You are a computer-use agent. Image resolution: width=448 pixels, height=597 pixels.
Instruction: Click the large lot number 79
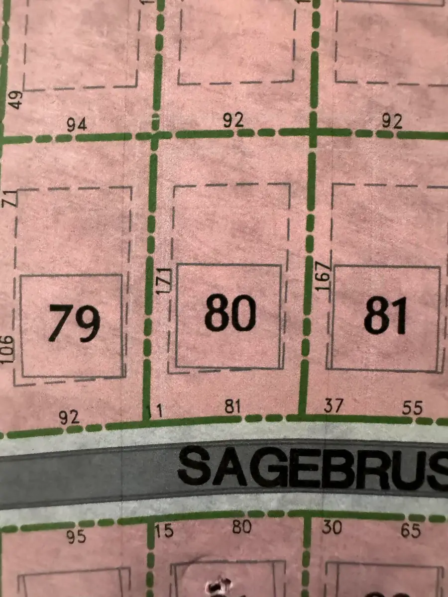74,323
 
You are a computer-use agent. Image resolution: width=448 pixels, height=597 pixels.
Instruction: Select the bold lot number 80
230,314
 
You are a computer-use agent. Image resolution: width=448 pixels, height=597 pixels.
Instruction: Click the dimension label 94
77,125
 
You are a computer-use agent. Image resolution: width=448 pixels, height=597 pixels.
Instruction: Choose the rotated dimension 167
324,276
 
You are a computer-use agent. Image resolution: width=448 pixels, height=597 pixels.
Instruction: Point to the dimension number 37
333,406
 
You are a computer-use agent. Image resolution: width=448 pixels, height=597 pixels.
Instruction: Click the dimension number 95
76,537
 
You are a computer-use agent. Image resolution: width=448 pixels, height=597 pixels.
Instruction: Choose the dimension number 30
332,527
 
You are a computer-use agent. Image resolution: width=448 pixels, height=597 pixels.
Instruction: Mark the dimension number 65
411,531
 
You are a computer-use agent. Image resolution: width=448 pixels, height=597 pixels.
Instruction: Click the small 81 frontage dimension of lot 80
232,407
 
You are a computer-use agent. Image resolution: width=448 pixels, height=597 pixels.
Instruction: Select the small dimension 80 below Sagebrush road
241,526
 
